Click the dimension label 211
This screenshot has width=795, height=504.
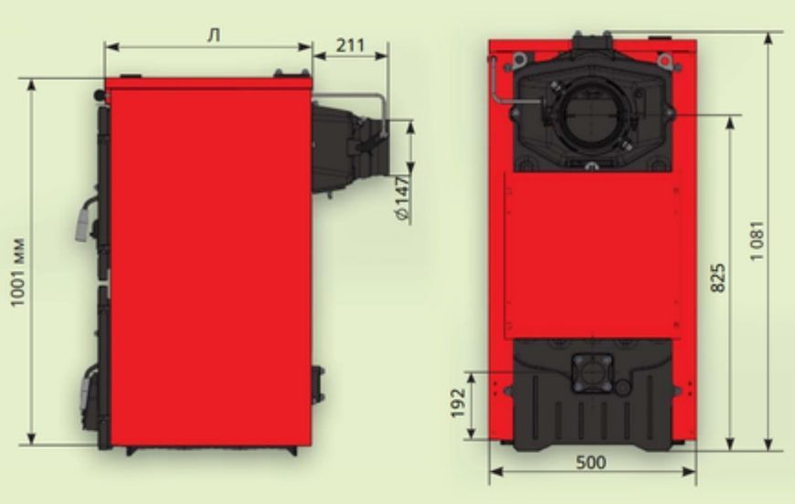point(350,45)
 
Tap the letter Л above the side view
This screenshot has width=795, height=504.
point(215,36)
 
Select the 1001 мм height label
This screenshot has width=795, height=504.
point(17,272)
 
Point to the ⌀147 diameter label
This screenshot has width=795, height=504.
point(403,198)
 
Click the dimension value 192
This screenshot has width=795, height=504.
point(459,403)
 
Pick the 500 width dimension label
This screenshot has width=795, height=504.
point(590,462)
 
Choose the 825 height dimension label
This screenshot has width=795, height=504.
point(718,278)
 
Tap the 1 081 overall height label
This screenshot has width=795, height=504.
point(756,241)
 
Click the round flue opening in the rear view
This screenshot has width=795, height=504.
point(592,116)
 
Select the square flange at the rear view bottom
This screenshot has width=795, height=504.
point(592,373)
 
